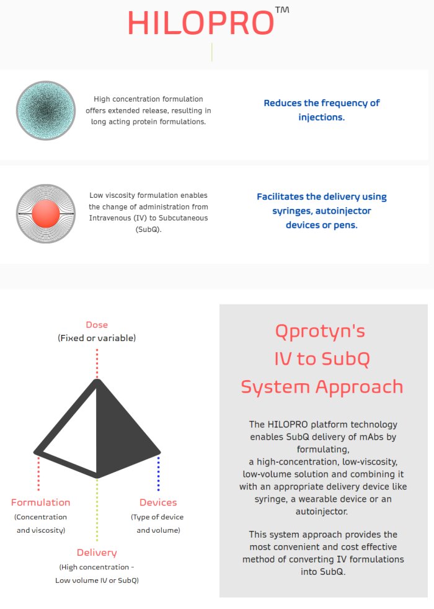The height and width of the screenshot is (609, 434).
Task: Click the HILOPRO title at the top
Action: coord(200,24)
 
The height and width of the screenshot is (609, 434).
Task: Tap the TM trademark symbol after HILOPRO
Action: coord(281,11)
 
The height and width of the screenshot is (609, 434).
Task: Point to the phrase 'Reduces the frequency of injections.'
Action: coord(321,110)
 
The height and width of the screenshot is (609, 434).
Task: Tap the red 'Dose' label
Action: coord(97,324)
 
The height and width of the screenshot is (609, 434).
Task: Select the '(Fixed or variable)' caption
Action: coord(97,338)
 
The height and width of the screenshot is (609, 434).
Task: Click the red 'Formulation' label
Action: coord(41,502)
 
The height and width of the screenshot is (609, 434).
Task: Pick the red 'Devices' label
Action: coord(158,502)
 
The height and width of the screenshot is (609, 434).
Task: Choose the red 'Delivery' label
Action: coord(97,553)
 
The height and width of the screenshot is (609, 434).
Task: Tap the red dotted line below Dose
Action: coord(97,363)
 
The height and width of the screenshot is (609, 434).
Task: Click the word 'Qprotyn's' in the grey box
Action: coord(321,331)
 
